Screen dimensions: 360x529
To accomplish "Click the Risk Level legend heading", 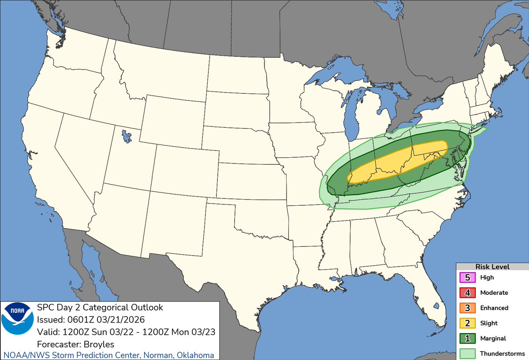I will [x=492, y=267].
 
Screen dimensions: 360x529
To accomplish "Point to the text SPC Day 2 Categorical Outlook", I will [x=100, y=307].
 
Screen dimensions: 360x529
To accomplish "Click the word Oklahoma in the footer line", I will [x=194, y=355].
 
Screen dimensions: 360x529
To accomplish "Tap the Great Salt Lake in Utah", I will [x=127, y=135].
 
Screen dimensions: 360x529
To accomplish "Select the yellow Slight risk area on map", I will [x=397, y=163].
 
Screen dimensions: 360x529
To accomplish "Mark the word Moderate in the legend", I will [x=494, y=293].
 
